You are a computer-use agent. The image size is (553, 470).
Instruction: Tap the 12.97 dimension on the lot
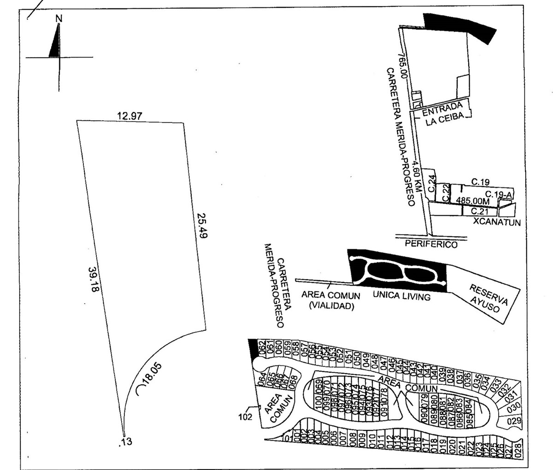click(x=129, y=116)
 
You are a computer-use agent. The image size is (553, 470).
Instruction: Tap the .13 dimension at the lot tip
click(x=125, y=442)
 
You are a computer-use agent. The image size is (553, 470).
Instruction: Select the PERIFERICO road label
click(x=431, y=244)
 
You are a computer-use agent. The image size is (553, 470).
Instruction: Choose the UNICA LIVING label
click(x=402, y=297)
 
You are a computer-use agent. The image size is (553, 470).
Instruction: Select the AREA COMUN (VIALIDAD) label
click(x=327, y=300)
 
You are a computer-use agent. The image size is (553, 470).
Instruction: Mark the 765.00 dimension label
click(x=404, y=66)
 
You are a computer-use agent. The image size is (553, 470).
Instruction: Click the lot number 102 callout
click(x=246, y=417)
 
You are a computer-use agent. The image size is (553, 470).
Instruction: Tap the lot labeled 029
click(x=514, y=421)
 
